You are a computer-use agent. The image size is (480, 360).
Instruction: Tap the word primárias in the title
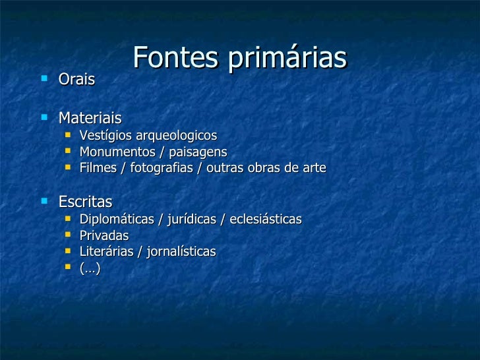point(287,59)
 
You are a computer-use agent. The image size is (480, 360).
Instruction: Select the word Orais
point(77,80)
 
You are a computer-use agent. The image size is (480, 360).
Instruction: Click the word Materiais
point(90,119)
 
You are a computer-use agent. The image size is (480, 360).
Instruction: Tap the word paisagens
point(195,152)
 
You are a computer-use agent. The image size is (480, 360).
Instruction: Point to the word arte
point(313,168)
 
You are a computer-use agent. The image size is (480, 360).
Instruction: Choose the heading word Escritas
point(86,201)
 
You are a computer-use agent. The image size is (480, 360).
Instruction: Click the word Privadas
point(104,235)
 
